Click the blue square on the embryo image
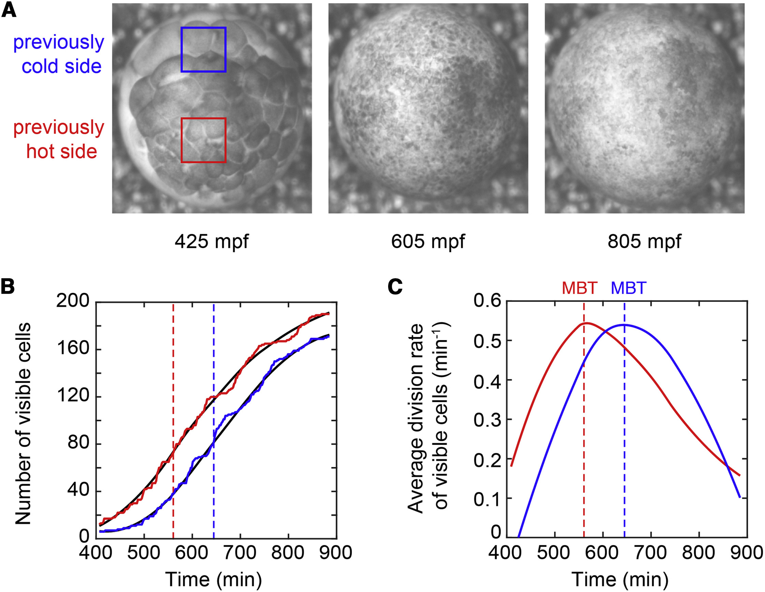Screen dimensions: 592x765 coord(203,50)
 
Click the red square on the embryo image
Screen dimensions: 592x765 coord(203,140)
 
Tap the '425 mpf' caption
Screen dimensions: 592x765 coord(212,242)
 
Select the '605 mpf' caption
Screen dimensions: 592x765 coord(428,242)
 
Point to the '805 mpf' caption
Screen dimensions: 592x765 coord(644,242)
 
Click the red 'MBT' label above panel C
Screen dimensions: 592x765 coord(580,288)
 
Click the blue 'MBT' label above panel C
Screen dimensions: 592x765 coord(629,288)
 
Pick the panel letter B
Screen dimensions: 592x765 coord(8,286)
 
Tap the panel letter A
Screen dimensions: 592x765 coord(9,11)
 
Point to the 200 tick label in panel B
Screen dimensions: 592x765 coord(73,301)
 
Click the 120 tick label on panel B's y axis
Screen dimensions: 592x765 coord(73,396)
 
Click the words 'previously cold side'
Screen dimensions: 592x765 coord(59,54)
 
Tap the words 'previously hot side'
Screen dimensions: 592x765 coord(59,139)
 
